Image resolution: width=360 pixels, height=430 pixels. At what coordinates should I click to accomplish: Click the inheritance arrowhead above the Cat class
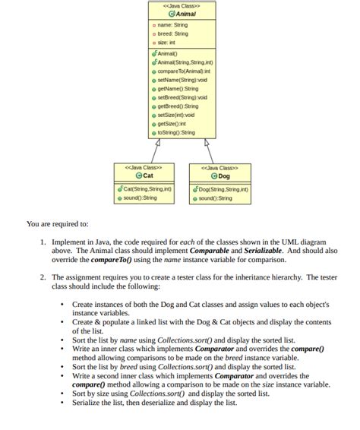(x=156, y=141)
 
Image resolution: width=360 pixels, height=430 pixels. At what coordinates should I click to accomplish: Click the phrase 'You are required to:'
(x=57, y=224)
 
